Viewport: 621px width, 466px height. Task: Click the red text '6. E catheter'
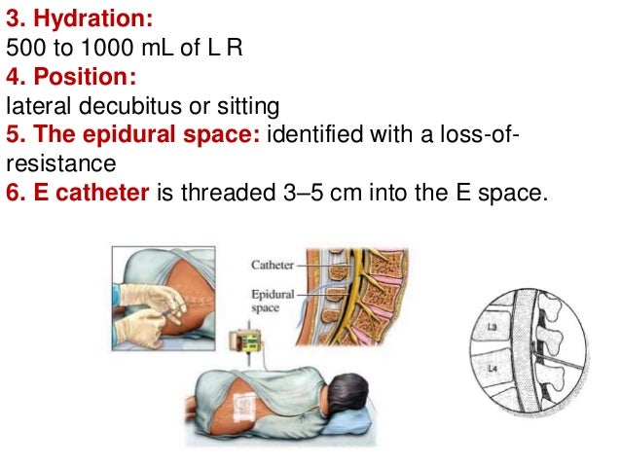pos(78,193)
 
